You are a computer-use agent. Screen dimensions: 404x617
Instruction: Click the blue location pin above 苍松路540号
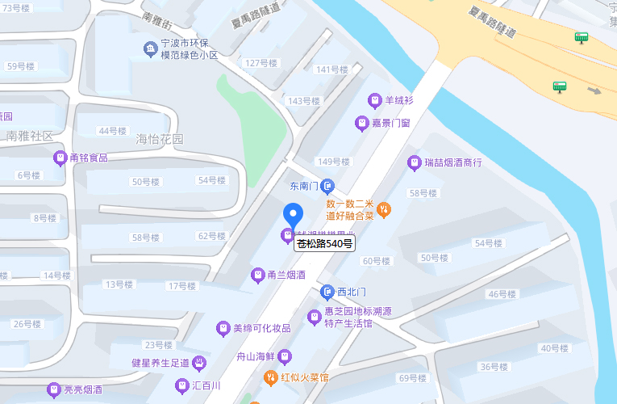point(293,214)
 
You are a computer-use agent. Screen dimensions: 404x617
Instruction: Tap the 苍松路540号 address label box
point(324,243)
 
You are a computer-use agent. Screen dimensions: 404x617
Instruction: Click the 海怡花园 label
point(160,139)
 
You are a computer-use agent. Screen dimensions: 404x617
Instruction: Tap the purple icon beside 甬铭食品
point(60,158)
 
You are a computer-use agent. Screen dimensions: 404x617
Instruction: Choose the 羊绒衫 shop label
point(398,100)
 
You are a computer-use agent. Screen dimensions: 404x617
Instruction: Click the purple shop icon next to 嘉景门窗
point(362,123)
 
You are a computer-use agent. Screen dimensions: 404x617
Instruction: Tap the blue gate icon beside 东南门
point(327,186)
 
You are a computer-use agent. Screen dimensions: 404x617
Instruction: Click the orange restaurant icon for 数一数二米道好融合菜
point(384,209)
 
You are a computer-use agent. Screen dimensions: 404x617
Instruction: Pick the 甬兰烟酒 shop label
point(286,275)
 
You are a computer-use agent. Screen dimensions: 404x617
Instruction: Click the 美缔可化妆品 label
point(261,328)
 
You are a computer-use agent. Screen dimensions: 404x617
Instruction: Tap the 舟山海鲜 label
point(256,356)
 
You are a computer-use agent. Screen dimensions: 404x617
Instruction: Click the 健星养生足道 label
point(160,363)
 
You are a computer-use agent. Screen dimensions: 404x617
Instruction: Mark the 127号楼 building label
point(262,63)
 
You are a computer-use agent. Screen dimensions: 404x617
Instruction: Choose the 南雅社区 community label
point(30,136)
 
